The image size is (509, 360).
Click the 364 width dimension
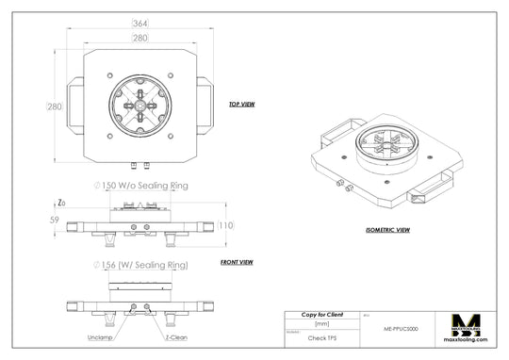(140, 23)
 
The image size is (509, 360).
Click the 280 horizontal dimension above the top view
(140, 38)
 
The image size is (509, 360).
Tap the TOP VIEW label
(242, 105)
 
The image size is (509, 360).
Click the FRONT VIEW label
(236, 262)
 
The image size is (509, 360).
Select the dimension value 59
(54, 221)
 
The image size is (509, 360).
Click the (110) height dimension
(225, 225)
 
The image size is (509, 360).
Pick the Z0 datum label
(61, 203)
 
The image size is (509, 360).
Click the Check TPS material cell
(321, 336)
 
